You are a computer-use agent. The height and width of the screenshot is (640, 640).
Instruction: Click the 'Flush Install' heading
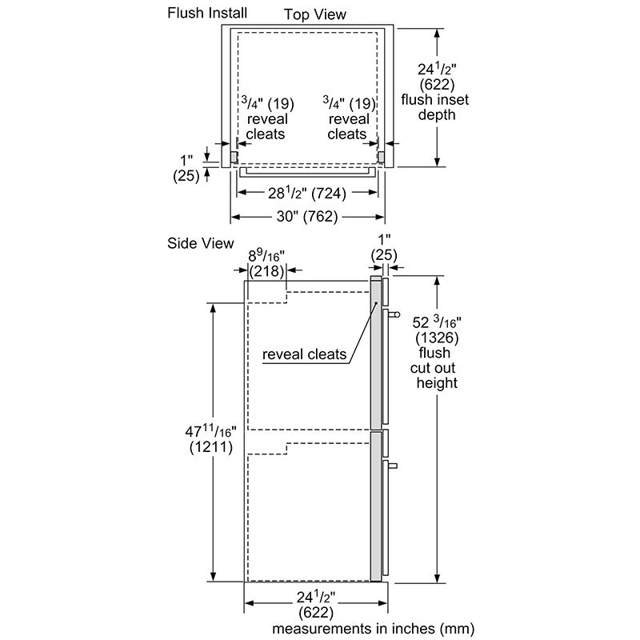(207, 12)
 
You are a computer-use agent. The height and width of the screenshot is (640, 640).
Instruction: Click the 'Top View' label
(315, 14)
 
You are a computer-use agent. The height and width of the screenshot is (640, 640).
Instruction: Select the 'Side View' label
(201, 243)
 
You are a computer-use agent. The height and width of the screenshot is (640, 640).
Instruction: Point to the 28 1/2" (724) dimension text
(306, 193)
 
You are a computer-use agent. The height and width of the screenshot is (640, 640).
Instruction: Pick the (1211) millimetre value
(211, 448)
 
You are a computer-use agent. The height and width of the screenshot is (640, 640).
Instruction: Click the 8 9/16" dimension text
(266, 256)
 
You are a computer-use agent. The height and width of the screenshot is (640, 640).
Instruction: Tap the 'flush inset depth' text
(437, 107)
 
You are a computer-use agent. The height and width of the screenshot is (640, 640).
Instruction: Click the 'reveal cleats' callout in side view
(304, 354)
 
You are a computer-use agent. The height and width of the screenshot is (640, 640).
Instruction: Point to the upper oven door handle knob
(394, 316)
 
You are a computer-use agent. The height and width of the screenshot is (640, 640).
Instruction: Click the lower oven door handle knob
(394, 465)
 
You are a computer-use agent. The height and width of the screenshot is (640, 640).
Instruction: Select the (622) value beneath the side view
(317, 612)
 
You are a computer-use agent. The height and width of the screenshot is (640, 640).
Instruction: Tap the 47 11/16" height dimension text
(210, 433)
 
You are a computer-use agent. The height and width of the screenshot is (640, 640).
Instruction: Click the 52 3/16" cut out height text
(438, 322)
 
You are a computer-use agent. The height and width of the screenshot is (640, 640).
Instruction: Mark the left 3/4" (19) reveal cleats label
(266, 118)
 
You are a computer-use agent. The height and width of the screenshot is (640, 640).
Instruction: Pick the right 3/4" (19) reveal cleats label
(347, 118)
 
